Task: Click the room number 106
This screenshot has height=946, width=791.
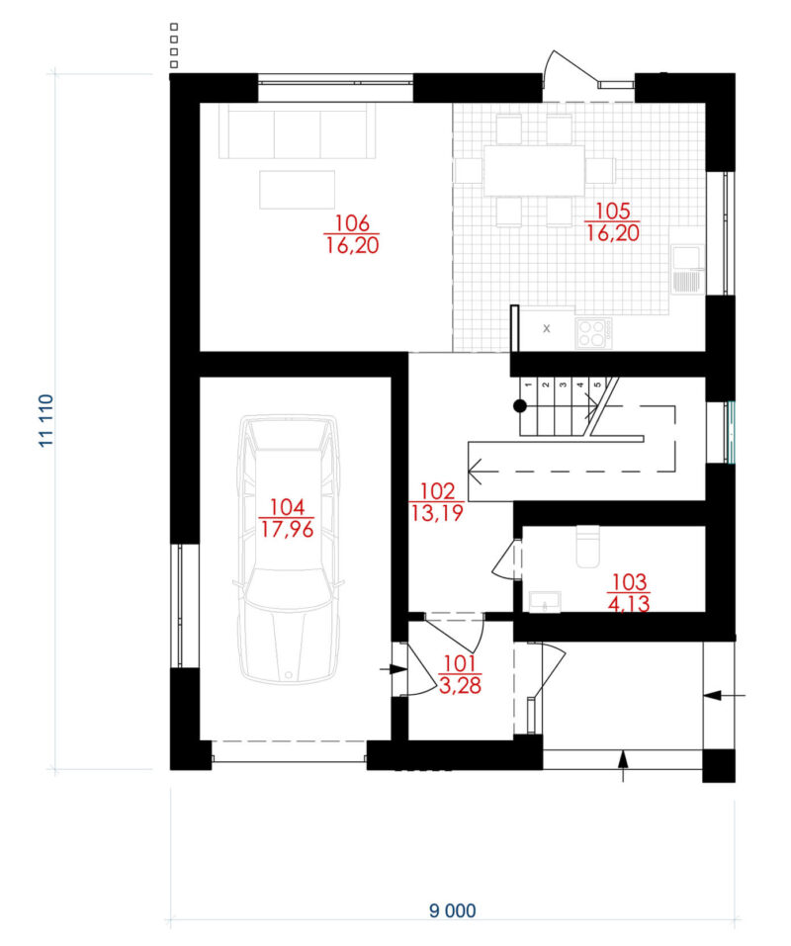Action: [352, 222]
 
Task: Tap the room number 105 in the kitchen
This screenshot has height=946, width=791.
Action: [613, 212]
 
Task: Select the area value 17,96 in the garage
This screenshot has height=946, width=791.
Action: [287, 529]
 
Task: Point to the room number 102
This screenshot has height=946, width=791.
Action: [437, 490]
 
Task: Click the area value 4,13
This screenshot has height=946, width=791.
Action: [629, 604]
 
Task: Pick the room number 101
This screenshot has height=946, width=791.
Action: [460, 663]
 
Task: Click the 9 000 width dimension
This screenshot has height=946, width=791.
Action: [453, 910]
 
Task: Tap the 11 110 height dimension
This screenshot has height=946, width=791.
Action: [46, 421]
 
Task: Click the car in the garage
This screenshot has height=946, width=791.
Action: [289, 549]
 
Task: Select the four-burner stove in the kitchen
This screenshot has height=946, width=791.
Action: [593, 333]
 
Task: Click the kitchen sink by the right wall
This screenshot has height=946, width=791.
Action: [687, 269]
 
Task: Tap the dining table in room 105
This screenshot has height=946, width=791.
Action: [534, 170]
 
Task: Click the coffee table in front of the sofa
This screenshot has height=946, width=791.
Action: [298, 190]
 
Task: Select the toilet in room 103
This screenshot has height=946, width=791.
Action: [587, 547]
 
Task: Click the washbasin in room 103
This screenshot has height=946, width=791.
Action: [545, 602]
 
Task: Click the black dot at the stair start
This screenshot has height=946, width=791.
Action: [519, 406]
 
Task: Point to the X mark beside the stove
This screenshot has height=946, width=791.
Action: [547, 329]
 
